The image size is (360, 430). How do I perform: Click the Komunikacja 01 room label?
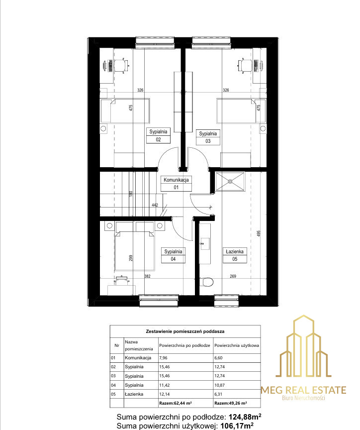click(x=176, y=184)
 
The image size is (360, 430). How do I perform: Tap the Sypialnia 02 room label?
click(x=158, y=135)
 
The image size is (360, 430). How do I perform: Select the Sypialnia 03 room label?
click(x=208, y=137)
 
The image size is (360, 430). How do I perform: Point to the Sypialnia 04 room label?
click(x=173, y=255)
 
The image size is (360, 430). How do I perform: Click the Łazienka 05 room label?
click(x=235, y=255)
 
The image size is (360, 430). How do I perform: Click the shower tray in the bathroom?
click(x=230, y=181)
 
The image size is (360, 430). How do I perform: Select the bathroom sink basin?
click(x=205, y=243)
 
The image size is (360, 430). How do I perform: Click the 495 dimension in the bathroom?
click(x=259, y=233)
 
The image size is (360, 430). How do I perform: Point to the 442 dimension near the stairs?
click(x=155, y=205)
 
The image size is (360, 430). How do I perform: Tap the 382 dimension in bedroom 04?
click(x=147, y=276)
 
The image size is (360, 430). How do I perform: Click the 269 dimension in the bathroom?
click(x=233, y=276)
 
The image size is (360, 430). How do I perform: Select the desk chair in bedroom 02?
click(x=121, y=66)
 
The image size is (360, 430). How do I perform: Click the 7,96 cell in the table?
click(x=163, y=358)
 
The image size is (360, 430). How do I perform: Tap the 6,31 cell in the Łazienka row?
click(x=218, y=394)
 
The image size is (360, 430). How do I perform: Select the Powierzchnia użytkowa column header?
click(x=237, y=345)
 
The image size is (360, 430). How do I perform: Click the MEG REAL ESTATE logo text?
click(x=303, y=390)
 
